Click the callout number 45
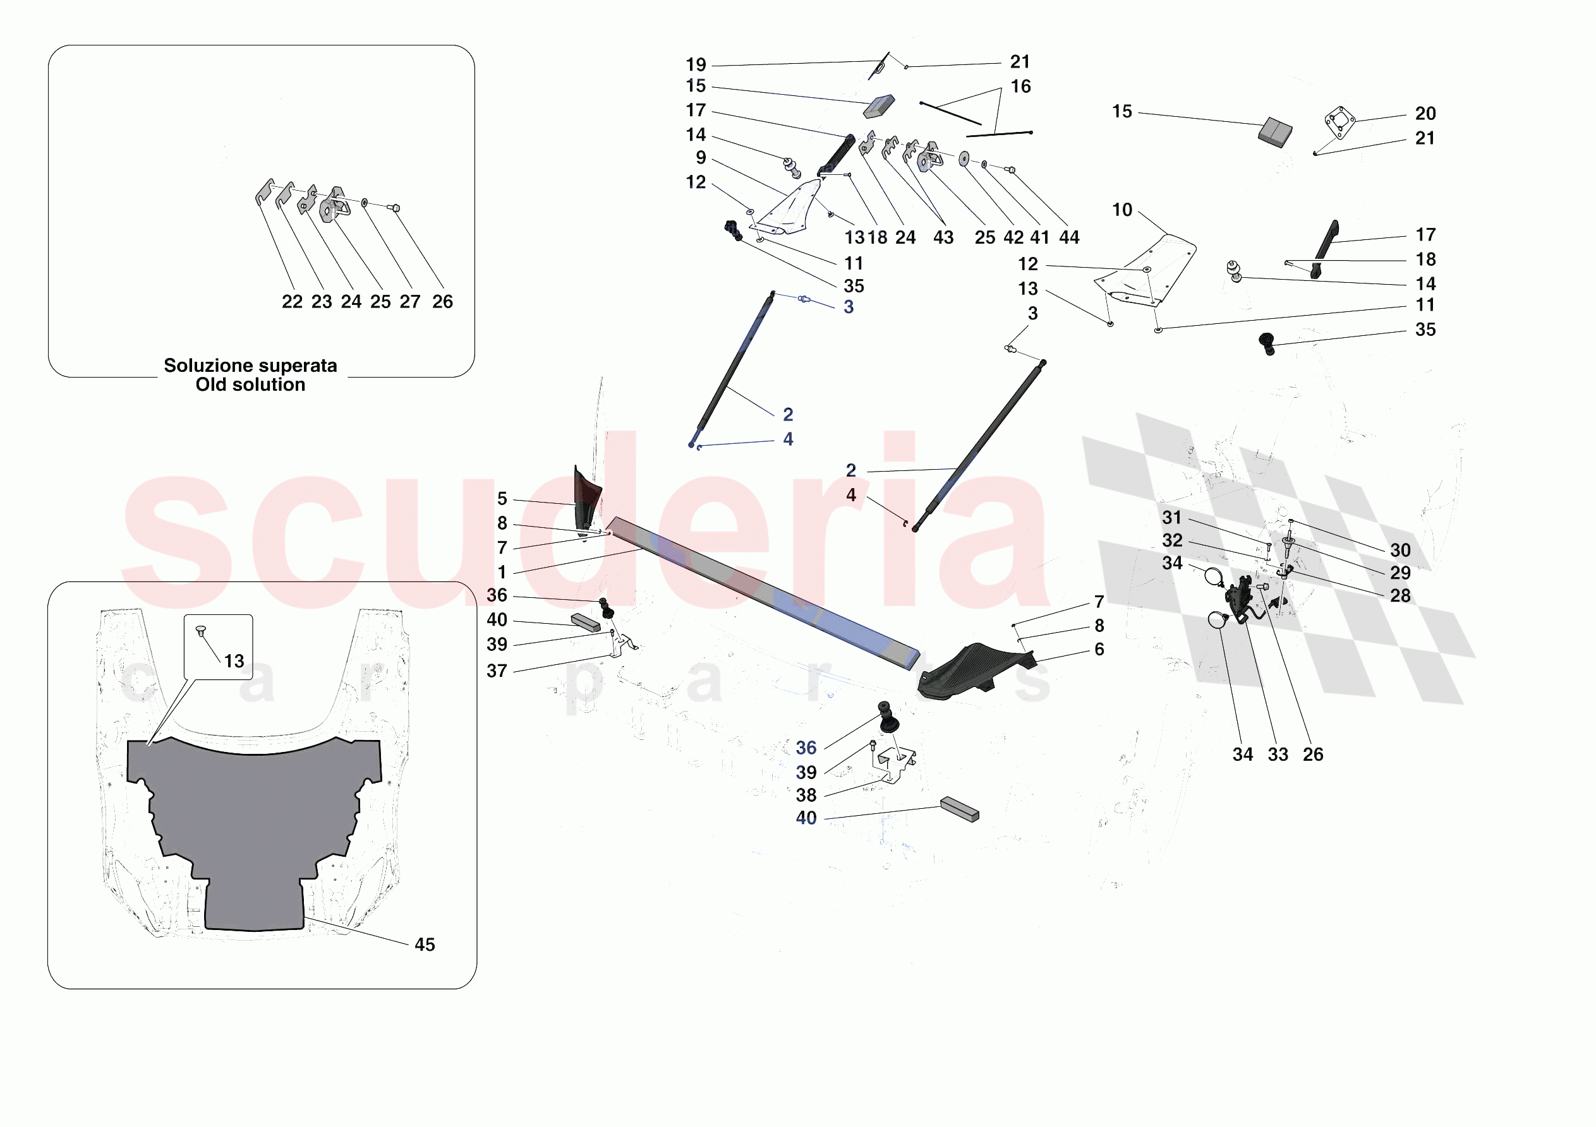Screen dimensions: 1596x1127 point(425,945)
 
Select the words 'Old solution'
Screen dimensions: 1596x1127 point(250,385)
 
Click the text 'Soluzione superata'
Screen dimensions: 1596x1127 point(250,366)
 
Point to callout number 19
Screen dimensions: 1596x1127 point(696,64)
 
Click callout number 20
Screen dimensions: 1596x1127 point(1425,113)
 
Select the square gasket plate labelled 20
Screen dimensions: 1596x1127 point(1340,122)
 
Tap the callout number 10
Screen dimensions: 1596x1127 point(1122,210)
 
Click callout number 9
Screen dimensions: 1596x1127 point(701,158)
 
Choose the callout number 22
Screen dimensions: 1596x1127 point(292,302)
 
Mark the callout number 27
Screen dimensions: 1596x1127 point(410,302)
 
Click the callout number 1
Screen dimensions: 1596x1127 point(502,573)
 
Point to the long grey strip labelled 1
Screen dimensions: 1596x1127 point(762,593)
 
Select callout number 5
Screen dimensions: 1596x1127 point(502,499)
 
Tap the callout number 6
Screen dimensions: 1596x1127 point(1099,649)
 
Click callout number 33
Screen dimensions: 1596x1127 point(1278,754)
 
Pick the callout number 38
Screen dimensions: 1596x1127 point(806,795)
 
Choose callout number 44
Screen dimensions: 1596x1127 point(1069,237)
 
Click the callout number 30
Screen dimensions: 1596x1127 point(1401,551)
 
